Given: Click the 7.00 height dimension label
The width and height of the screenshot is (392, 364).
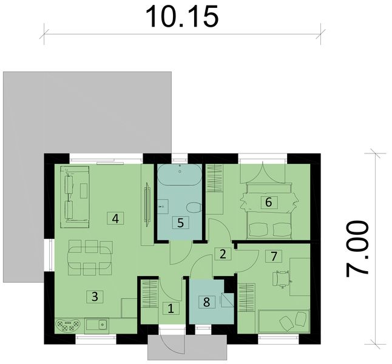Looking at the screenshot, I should click(358, 249).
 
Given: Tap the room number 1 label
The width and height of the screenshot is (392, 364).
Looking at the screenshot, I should click(171, 308).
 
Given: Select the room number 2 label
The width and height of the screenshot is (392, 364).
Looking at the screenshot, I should click(223, 254).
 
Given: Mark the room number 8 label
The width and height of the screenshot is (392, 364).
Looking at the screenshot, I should click(207, 301).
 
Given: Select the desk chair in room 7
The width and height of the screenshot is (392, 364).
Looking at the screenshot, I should click(280, 278).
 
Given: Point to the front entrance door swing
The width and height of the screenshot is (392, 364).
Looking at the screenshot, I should click(172, 343).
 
